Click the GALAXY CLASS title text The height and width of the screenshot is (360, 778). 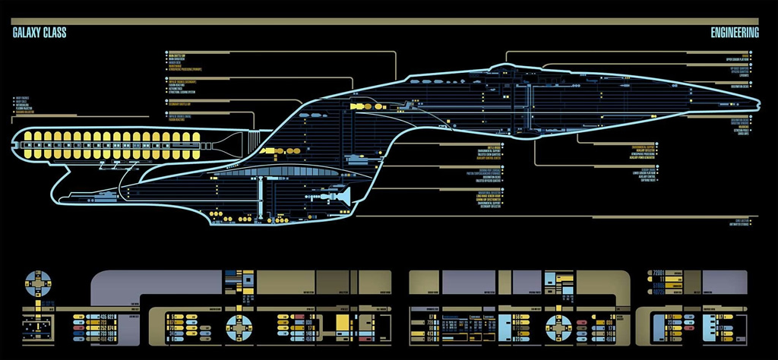[40, 32]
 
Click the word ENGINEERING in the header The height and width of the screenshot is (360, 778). [734, 32]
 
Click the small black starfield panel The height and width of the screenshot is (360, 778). [36, 326]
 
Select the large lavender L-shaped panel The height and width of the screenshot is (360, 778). [152, 286]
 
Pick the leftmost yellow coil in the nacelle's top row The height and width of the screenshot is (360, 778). [28, 137]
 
